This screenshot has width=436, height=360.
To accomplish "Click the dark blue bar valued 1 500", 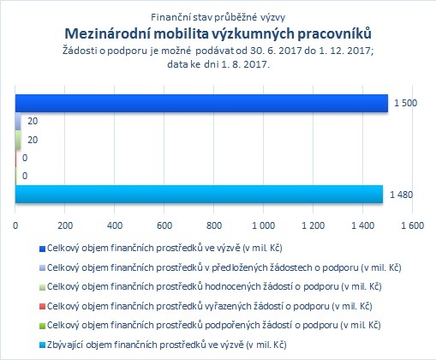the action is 201,103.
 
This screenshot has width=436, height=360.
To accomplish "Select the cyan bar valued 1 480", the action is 199,194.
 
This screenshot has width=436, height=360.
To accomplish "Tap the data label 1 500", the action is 405,103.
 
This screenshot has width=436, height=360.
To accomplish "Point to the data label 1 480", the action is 401,195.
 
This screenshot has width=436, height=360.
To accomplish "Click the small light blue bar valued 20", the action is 18,121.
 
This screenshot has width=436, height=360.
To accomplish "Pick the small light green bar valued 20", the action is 18,140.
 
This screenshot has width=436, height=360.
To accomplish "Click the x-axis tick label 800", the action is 214,225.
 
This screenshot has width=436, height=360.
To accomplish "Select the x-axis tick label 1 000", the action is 263,225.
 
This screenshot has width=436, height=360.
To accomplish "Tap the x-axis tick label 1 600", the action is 412,225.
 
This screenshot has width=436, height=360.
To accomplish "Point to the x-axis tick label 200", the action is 65,225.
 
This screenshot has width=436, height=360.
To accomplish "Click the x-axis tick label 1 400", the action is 362,225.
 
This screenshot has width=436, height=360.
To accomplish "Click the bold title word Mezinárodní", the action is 108,33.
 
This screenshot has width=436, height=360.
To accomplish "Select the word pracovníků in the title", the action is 335,34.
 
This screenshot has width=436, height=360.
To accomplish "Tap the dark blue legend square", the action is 42,249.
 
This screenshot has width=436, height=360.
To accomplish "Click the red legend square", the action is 42,307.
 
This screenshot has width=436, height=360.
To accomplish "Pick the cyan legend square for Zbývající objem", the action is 42,345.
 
